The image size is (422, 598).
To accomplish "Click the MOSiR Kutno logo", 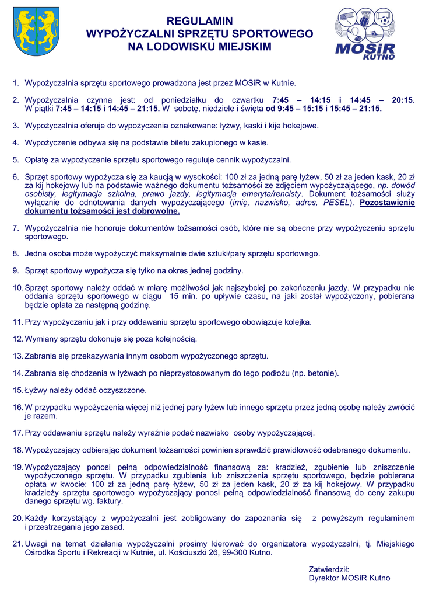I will (365, 34).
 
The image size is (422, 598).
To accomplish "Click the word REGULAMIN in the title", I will (200, 22).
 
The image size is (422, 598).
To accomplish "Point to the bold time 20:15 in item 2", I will (402, 100).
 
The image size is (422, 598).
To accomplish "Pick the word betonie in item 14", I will (321, 373).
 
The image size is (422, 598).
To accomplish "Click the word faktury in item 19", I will (108, 501).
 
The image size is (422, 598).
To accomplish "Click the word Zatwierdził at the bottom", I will (329, 569).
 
